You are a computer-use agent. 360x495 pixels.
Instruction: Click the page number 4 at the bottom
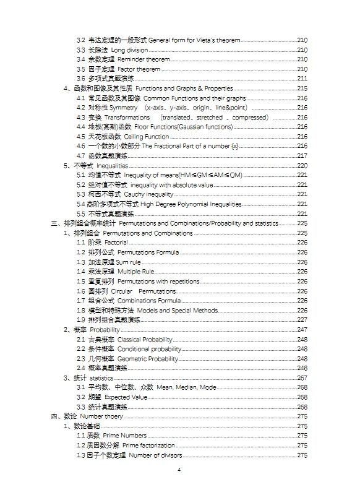179,470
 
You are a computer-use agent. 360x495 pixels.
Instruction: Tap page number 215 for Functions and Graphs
302,88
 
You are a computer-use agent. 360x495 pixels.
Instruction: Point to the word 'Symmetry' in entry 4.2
123,108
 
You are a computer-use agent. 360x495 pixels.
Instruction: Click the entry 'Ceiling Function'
147,137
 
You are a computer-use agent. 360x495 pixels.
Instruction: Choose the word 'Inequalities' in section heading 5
111,166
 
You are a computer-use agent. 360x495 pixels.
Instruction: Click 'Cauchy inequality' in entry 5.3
140,194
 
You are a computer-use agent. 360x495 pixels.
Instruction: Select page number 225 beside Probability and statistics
302,223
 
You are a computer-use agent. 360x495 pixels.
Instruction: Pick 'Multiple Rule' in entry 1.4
136,272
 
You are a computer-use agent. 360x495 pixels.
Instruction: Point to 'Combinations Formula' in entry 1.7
149,301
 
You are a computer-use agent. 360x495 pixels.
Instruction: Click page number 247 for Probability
302,330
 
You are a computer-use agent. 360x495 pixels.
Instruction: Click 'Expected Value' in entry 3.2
126,397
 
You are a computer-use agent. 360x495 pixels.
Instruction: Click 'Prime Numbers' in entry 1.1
125,436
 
